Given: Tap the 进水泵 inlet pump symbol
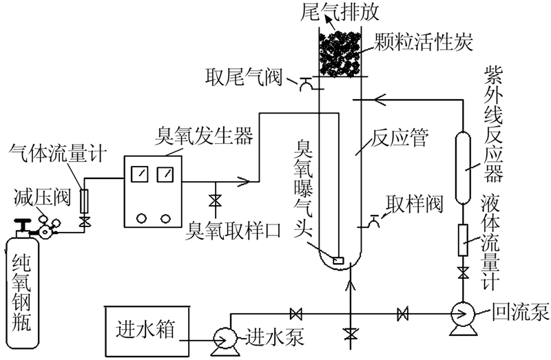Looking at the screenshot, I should pyautogui.click(x=225, y=337).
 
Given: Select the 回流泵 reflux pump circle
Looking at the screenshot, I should pyautogui.click(x=459, y=315).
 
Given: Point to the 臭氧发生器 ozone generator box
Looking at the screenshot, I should pyautogui.click(x=152, y=190).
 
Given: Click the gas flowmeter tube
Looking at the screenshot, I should pyautogui.click(x=84, y=200).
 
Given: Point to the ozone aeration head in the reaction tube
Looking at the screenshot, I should pyautogui.click(x=337, y=261).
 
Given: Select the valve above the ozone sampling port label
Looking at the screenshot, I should pyautogui.click(x=214, y=201).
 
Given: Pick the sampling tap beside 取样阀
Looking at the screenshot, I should pyautogui.click(x=374, y=220).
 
